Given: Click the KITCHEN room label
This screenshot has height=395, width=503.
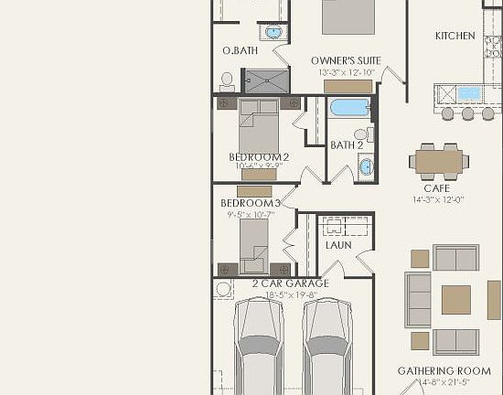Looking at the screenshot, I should click(x=455, y=36).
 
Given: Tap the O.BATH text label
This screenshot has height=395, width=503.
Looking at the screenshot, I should click(x=240, y=51).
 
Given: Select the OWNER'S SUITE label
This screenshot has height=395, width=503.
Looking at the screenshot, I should click(x=346, y=60).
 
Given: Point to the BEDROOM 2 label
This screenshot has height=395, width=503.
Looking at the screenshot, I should click(x=259, y=157).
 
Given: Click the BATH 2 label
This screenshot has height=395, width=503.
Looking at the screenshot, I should click(x=347, y=145).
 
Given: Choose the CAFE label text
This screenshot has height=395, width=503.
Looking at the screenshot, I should click(x=436, y=188).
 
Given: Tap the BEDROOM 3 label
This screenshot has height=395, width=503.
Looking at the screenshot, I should click(x=250, y=203).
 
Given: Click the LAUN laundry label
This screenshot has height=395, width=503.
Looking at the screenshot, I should click(x=337, y=245).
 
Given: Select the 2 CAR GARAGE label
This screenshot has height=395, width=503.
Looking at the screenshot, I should click(x=290, y=283).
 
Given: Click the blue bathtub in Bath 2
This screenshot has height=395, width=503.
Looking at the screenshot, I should click(x=349, y=108).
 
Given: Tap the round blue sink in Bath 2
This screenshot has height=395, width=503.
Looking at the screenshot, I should click(x=366, y=167).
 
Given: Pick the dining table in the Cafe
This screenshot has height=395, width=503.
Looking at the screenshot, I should click(x=439, y=162).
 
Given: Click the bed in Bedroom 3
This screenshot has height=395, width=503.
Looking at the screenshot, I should click(x=253, y=242).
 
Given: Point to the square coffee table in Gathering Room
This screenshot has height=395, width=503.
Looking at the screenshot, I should click(x=456, y=299).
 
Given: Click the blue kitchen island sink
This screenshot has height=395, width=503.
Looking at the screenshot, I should click(x=467, y=93).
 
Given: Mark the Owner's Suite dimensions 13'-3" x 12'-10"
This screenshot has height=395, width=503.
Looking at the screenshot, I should click(x=347, y=72).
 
